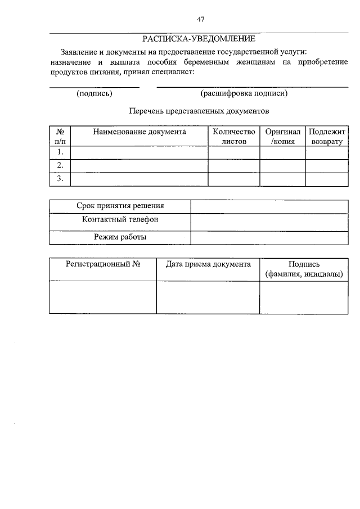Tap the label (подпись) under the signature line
[94, 94]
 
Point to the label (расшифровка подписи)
[244, 94]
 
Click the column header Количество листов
[234, 137]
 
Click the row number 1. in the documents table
[60, 152]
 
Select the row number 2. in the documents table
[60, 165]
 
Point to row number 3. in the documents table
[60, 179]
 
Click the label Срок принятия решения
[120, 206]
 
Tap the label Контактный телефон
[120, 219]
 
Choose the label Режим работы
[120, 237]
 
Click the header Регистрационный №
[102, 264]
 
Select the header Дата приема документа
[208, 264]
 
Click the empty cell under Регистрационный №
[102, 296]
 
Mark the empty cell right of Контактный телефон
[269, 222]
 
